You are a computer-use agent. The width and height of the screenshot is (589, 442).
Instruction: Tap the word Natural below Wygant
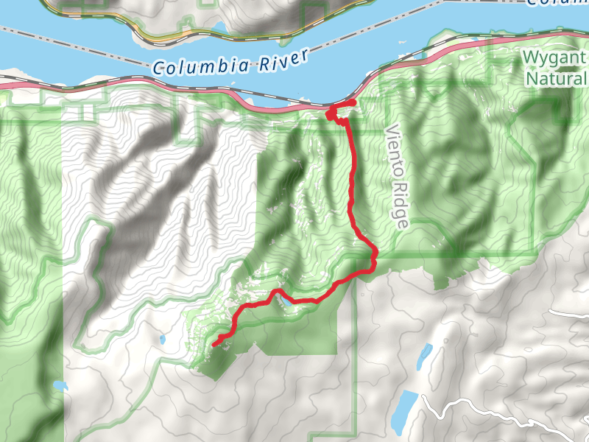click(x=557, y=78)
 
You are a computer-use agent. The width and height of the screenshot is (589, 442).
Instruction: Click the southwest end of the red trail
click(x=214, y=344)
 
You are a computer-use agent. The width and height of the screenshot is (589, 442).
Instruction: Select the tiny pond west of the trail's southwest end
click(x=161, y=340)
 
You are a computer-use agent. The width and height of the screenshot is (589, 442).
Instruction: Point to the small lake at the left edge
click(x=59, y=386)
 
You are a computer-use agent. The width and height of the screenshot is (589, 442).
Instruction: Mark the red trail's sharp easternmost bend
click(x=374, y=257)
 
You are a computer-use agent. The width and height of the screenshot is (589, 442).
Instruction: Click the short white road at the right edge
click(x=571, y=313)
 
